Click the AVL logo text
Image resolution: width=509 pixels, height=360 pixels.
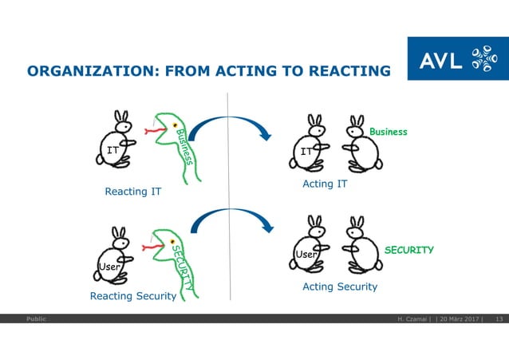click(x=440, y=58)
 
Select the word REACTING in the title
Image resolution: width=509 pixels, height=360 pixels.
click(x=348, y=72)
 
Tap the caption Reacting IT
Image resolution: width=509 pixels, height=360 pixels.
click(x=133, y=192)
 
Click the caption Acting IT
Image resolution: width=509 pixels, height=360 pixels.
click(x=325, y=184)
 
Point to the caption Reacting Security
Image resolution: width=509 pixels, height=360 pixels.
click(x=133, y=296)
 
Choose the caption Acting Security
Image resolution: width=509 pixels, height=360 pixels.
click(x=339, y=287)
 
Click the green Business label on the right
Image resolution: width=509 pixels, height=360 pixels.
click(x=387, y=132)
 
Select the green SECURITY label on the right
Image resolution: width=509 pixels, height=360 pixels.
click(x=408, y=250)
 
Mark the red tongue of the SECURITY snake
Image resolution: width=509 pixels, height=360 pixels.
click(x=148, y=248)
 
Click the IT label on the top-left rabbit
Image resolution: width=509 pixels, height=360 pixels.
click(x=113, y=149)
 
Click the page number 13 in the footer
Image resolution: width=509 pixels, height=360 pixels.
click(x=499, y=319)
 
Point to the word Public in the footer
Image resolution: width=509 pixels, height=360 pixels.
click(x=35, y=319)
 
